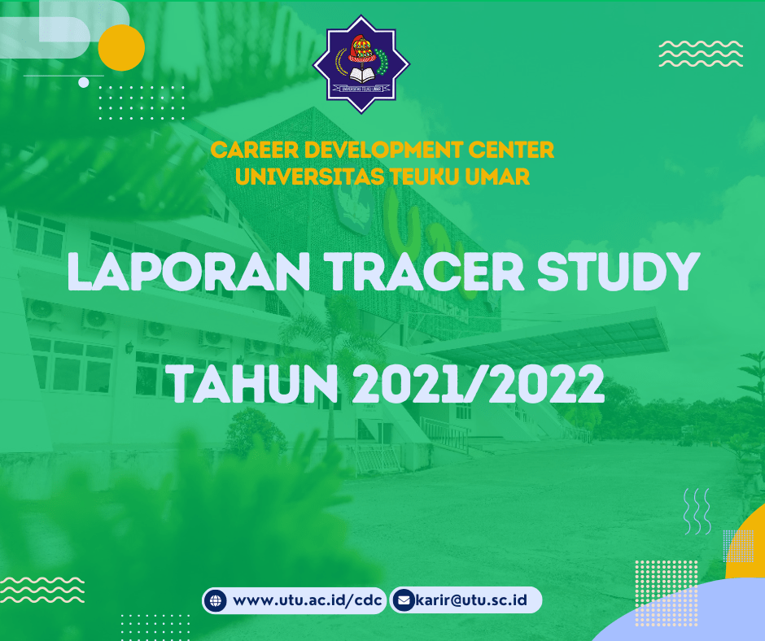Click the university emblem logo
(361, 64)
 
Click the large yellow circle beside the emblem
(121, 48)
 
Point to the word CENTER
(511, 150)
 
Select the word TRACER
(424, 272)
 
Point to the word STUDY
(619, 272)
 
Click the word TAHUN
(254, 384)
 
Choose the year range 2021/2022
(479, 384)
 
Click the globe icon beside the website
(215, 600)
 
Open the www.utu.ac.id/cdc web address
(308, 600)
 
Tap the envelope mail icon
(404, 600)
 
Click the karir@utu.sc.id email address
(471, 600)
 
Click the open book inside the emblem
(361, 75)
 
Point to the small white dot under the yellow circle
(84, 82)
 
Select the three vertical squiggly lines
(697, 511)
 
